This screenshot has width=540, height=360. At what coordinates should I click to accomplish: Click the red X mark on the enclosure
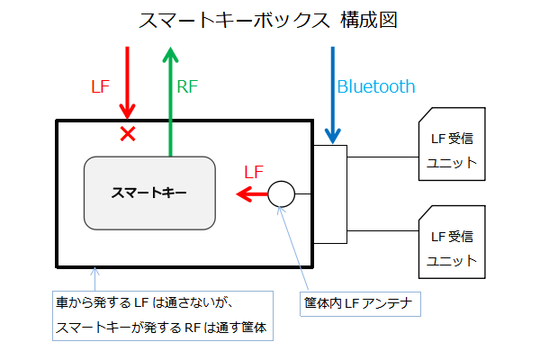pos(128,134)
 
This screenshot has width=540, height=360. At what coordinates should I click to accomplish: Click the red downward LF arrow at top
pos(128,81)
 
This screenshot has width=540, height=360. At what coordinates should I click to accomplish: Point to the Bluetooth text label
pos(376,87)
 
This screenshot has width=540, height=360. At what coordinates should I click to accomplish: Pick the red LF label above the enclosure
pos(102,87)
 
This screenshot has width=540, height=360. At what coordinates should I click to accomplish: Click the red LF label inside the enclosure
pos(254,171)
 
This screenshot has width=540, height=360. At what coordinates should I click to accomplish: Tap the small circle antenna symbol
pos(282,193)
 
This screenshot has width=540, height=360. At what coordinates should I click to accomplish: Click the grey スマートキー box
pos(149,193)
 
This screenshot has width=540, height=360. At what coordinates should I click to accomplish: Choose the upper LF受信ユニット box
pos(451,149)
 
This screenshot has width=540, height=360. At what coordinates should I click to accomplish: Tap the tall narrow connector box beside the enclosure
pos(329,193)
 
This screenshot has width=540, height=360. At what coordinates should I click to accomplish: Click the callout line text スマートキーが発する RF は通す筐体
pos(162,328)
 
